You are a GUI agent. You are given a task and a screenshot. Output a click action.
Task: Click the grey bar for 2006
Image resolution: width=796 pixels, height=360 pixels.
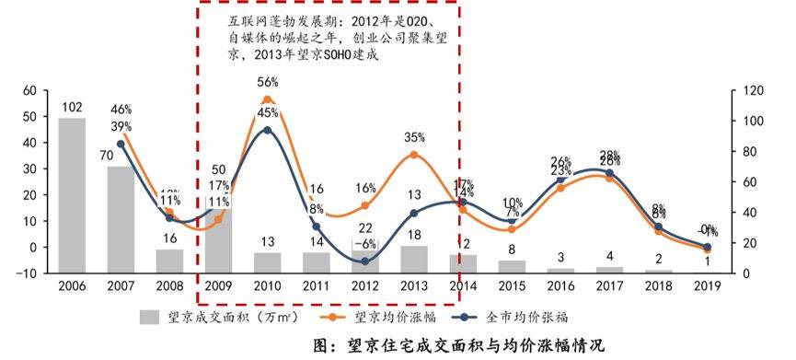72,195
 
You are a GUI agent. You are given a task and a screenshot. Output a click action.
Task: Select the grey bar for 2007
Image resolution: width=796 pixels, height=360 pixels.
121,219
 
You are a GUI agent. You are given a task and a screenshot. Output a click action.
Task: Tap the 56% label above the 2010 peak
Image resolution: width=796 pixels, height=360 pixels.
268,82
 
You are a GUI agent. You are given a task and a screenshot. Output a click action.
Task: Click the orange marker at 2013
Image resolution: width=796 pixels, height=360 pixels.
413,155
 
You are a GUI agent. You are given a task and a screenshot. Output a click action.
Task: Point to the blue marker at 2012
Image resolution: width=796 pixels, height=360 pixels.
364,261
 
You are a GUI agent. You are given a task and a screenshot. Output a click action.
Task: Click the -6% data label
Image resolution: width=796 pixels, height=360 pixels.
364,244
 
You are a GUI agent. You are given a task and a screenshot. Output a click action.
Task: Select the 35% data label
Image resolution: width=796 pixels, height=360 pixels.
413,138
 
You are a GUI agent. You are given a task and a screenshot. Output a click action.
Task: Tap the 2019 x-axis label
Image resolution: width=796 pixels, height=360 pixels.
707,287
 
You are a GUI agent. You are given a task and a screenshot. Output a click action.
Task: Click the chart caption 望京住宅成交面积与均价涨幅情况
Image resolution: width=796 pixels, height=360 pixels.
469,346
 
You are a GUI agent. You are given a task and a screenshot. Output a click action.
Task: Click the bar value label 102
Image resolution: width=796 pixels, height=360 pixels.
72,107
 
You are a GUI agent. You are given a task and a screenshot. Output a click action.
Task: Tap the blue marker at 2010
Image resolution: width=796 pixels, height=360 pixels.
268,130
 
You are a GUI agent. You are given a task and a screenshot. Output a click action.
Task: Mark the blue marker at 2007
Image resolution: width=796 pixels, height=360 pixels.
121,144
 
